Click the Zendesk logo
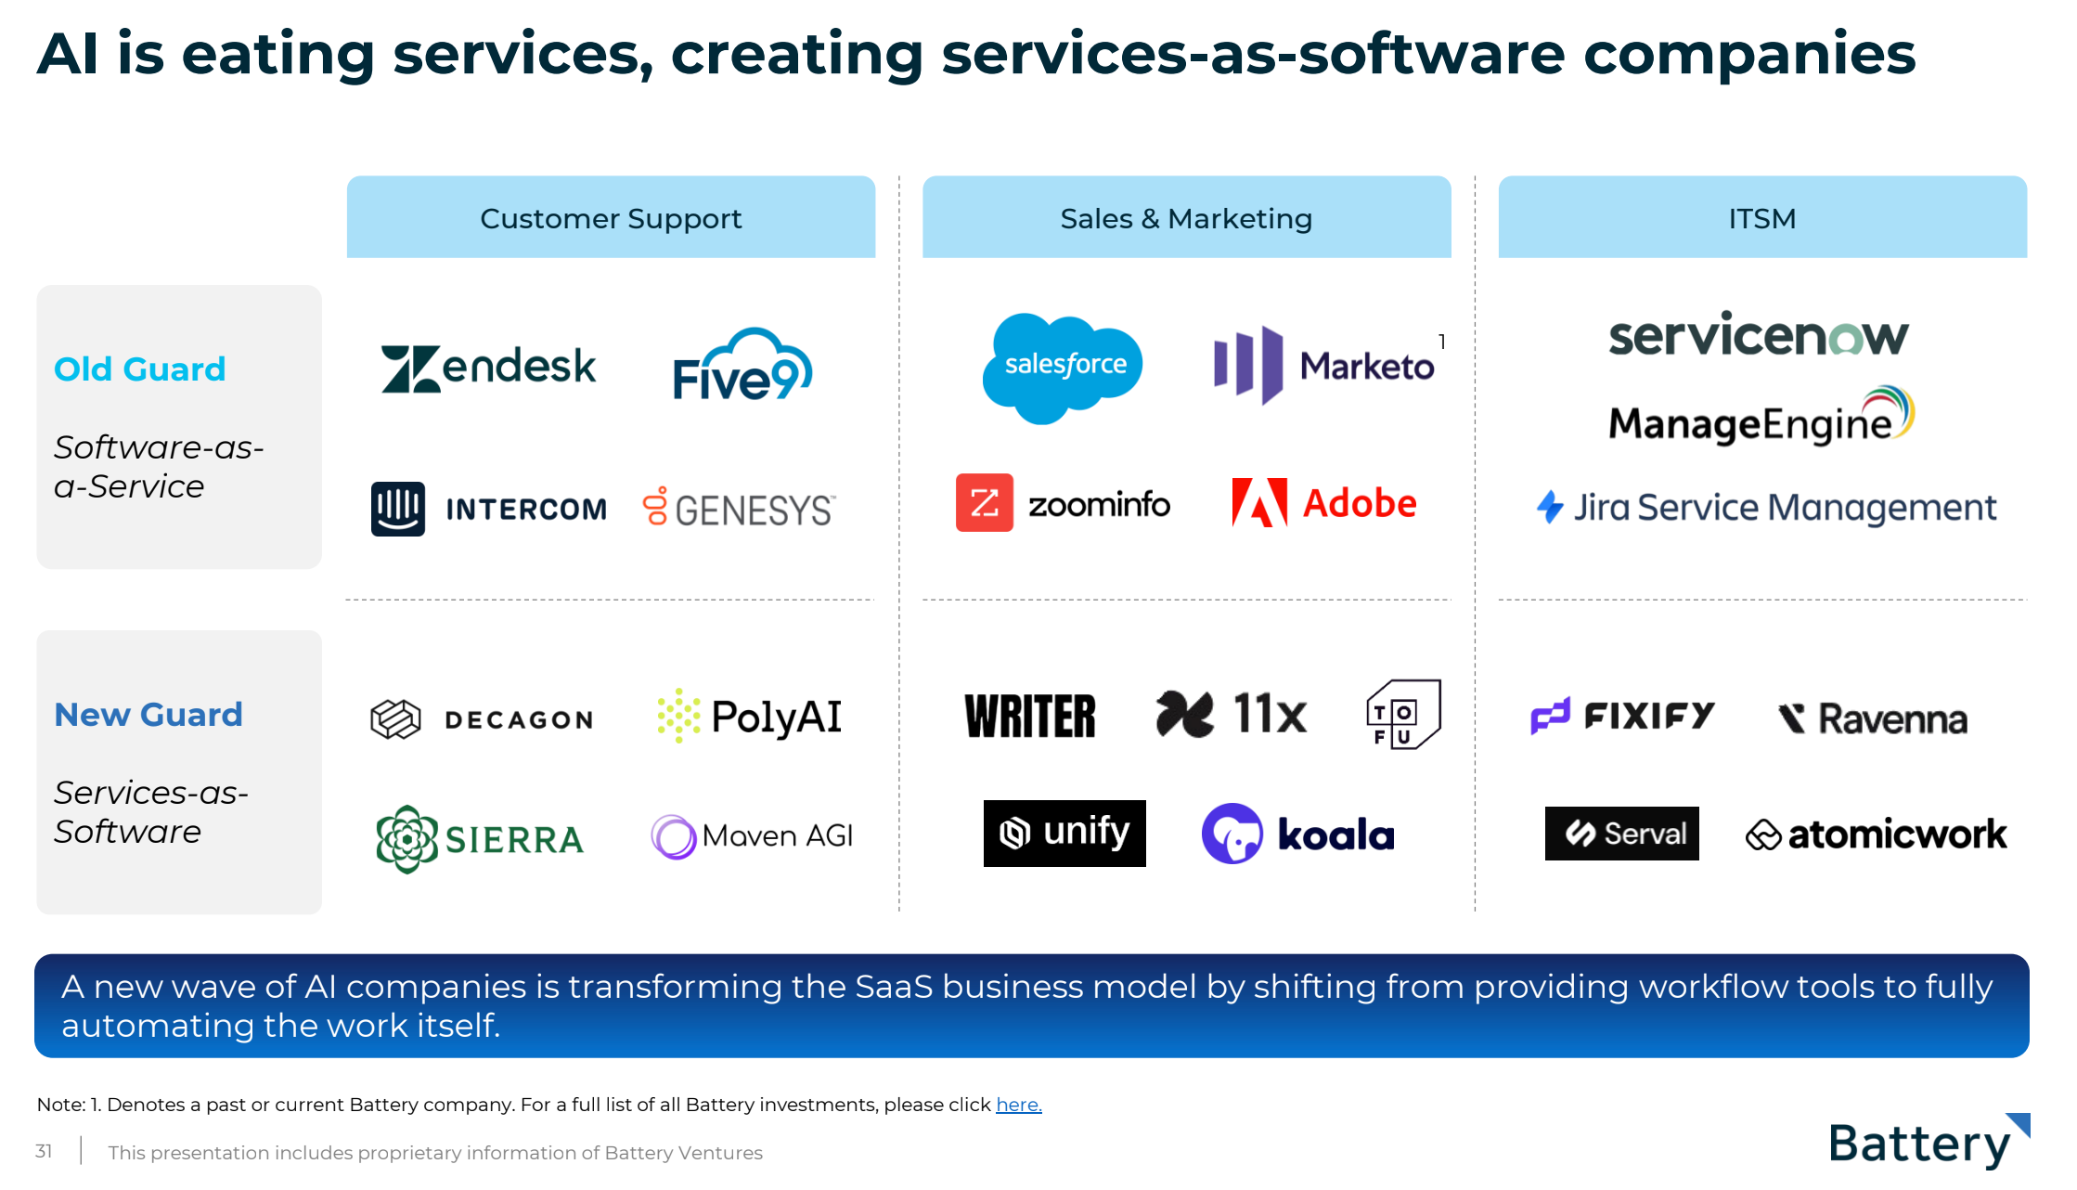tap(488, 369)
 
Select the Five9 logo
tap(742, 366)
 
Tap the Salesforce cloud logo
tap(1063, 368)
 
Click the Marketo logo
tap(1324, 366)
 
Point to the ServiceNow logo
tap(1758, 335)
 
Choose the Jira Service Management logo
tap(1766, 508)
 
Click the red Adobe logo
tap(1324, 503)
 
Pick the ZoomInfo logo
tap(1063, 503)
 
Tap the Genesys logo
tap(739, 509)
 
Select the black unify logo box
tap(1064, 833)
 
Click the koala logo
tap(1297, 834)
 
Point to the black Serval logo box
tap(1621, 834)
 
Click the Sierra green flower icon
tap(406, 839)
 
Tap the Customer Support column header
tap(611, 217)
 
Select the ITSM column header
tap(1761, 217)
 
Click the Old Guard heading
tap(140, 369)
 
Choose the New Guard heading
tap(148, 715)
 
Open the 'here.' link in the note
tap(1018, 1105)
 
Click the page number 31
tap(44, 1152)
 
